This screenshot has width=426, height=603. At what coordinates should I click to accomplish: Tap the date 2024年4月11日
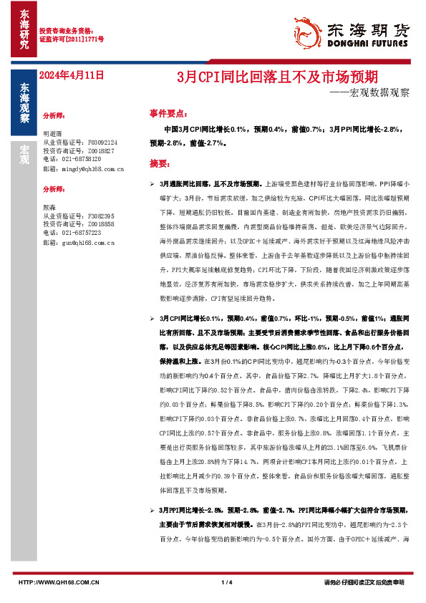72,74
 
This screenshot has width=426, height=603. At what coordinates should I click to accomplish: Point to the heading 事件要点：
168,113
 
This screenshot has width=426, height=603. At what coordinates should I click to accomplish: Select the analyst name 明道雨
53,134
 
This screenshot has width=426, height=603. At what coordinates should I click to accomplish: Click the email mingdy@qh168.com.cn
84,169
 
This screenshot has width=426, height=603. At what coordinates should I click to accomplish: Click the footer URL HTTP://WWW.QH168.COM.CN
59,582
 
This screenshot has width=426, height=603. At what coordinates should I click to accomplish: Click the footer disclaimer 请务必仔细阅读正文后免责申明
364,582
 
